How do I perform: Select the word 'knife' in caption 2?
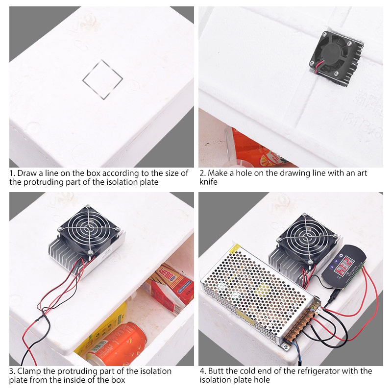click(208, 182)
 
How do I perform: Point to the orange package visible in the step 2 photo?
click(255, 147)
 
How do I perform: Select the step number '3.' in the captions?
click(12, 371)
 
